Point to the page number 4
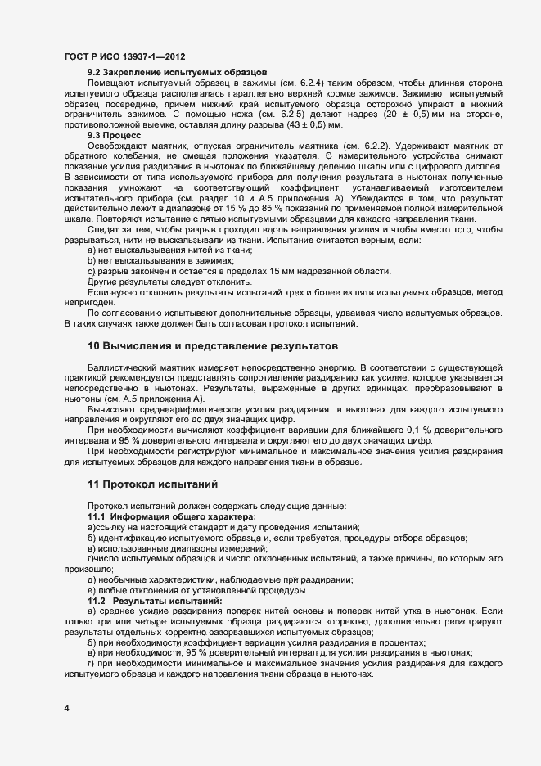(x=66, y=708)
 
